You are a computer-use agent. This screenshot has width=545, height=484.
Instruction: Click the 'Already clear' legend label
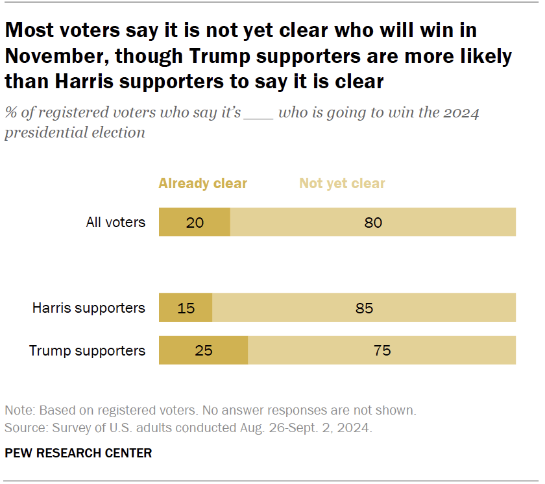coord(202,184)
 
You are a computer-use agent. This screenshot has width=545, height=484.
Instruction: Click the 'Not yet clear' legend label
coord(342,184)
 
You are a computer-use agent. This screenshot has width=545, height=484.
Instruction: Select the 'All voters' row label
coord(115,223)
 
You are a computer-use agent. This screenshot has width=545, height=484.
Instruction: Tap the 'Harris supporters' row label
coord(89,308)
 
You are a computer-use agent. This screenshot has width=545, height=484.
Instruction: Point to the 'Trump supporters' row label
coord(87,351)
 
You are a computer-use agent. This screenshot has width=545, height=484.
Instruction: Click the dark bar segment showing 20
coord(195,223)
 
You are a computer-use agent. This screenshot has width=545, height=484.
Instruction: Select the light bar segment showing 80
coord(373,223)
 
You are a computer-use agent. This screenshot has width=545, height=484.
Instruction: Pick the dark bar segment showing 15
coord(186,308)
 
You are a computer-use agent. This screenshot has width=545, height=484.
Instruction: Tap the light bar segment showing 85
coord(364,308)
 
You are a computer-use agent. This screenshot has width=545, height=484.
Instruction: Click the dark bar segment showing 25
coord(203,351)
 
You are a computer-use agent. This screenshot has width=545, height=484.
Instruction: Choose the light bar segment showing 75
coord(382,351)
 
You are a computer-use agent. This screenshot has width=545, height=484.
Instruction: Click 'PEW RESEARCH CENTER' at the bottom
coord(78,453)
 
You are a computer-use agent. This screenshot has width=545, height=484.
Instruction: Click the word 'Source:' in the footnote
coord(25,428)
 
